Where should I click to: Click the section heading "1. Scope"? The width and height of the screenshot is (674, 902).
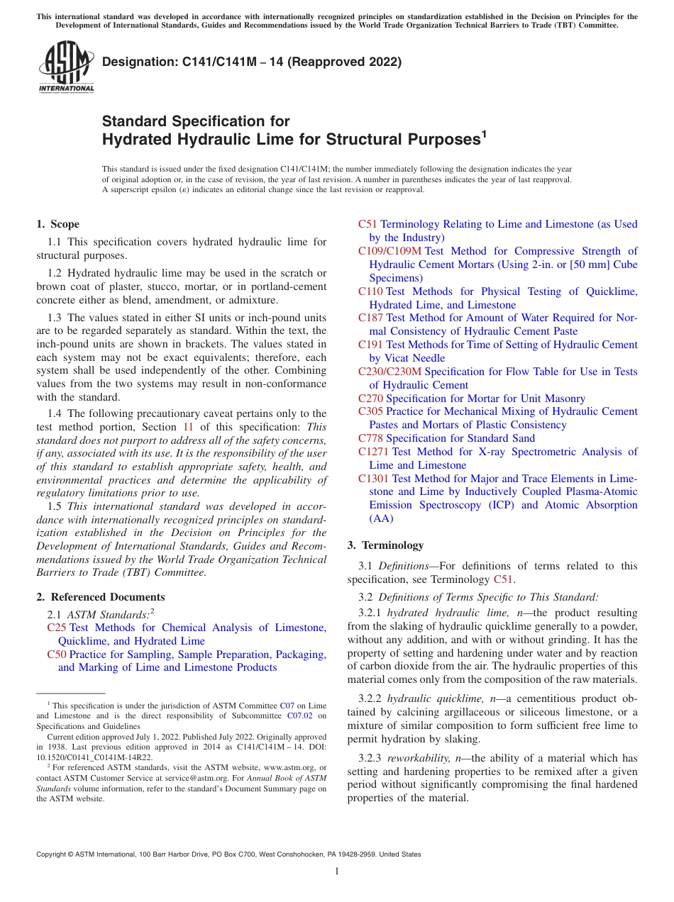58,224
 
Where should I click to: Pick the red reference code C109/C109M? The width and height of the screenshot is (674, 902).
390,251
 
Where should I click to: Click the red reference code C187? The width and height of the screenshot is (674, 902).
370,318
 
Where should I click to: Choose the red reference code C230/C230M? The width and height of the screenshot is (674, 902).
390,372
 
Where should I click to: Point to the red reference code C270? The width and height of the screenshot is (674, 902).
370,399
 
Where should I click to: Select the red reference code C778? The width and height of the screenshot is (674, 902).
370,438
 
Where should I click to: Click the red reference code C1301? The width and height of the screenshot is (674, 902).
373,479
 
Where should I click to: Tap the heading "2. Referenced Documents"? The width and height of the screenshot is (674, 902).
101,597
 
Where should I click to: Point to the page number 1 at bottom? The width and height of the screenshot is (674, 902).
337,872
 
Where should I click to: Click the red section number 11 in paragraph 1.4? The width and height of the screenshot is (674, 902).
188,427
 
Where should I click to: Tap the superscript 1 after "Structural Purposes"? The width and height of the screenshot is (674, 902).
485,134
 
